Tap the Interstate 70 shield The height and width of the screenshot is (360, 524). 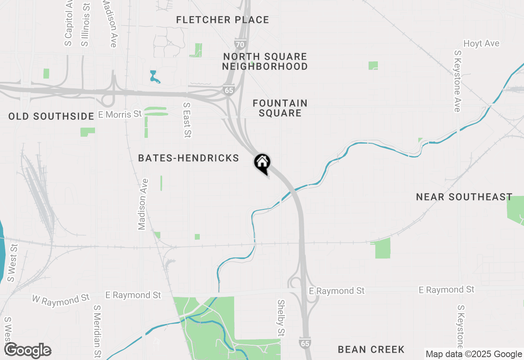[x=240, y=43]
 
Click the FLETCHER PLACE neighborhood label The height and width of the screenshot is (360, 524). [x=223, y=20]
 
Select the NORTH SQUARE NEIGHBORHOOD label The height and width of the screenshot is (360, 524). [x=265, y=61]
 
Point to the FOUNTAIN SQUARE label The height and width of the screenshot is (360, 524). [x=280, y=108]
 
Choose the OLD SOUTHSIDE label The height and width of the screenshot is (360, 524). [x=52, y=117]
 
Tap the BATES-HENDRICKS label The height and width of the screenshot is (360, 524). [x=188, y=158]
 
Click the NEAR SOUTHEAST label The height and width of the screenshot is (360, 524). [x=464, y=197]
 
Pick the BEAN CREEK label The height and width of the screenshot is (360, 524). [x=371, y=349]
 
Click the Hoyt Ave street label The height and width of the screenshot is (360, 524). [x=481, y=43]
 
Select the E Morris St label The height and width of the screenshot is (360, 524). [x=120, y=114]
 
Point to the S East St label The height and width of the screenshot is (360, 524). [x=187, y=120]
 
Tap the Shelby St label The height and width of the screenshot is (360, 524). [x=281, y=318]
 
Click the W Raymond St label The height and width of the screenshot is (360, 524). [x=61, y=299]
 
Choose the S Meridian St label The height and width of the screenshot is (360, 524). [x=97, y=331]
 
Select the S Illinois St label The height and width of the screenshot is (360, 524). [x=85, y=25]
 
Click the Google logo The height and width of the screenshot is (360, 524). [x=27, y=350]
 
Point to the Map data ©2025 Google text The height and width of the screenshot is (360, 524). [x=474, y=354]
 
